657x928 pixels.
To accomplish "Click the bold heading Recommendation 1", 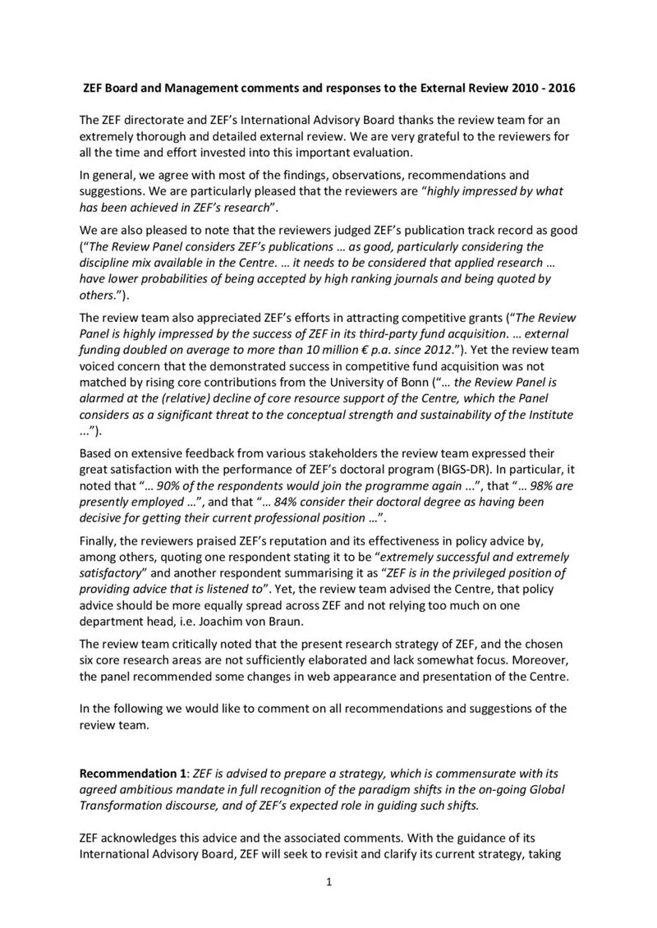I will pos(131,774).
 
